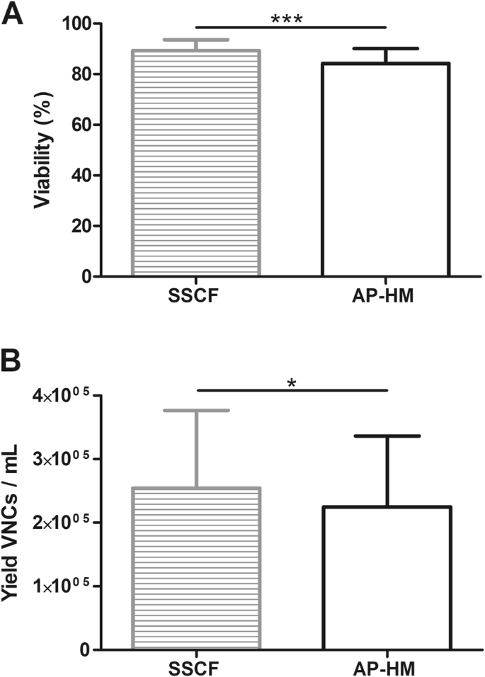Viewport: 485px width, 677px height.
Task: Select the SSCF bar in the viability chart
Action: click(195, 163)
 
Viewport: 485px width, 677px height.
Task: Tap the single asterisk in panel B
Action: click(291, 383)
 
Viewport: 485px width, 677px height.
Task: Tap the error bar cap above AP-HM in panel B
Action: click(387, 436)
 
